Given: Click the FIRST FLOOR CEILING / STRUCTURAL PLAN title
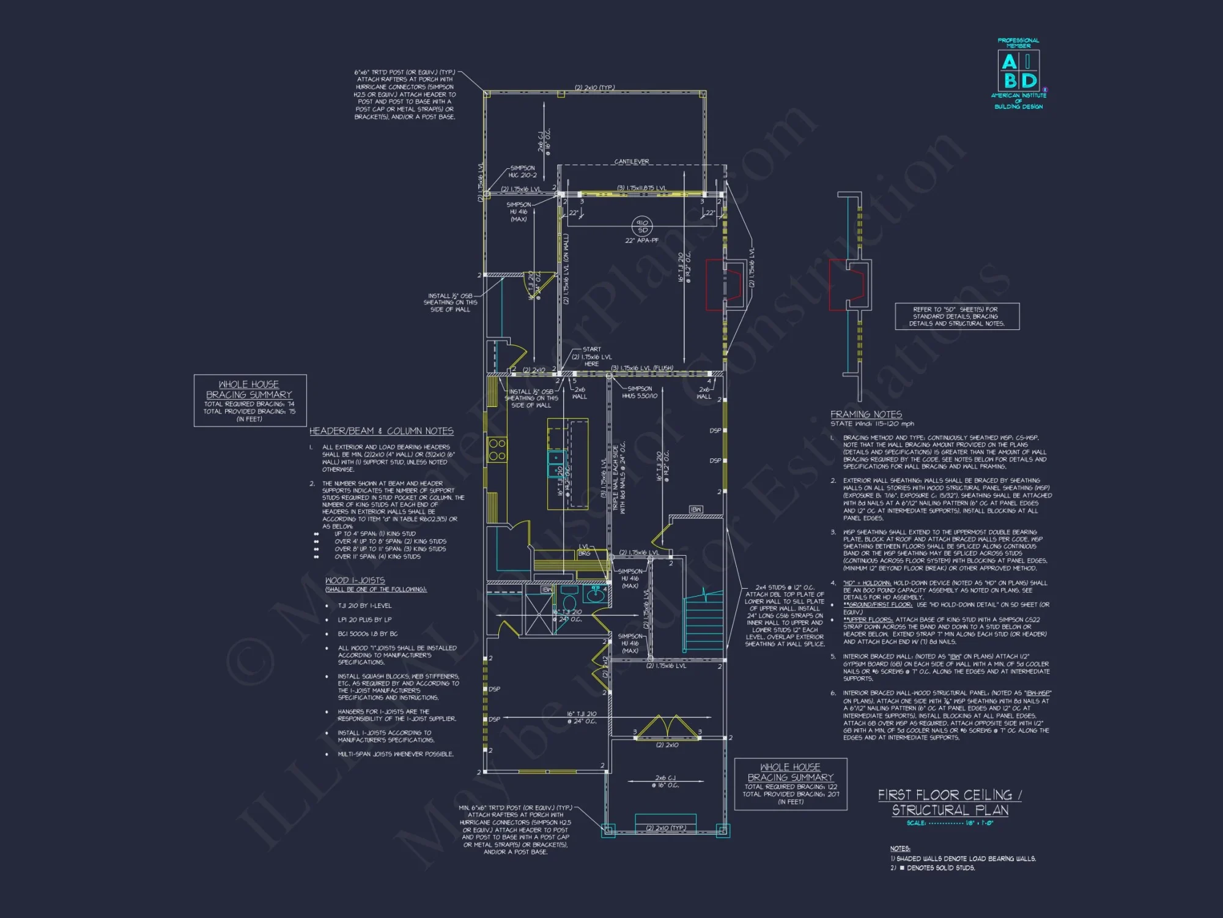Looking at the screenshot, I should tap(949, 802).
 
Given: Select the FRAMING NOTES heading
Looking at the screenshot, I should tap(866, 414).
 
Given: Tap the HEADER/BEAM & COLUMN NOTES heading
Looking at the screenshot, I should tap(381, 431).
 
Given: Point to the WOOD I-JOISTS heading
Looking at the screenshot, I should tap(355, 580).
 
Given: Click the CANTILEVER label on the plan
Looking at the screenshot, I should tap(632, 162).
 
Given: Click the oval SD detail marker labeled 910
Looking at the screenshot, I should tap(642, 226).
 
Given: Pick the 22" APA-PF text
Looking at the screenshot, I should tap(641, 241).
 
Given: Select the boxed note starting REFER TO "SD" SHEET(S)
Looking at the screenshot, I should tap(957, 316).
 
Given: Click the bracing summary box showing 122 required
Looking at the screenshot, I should tap(790, 784).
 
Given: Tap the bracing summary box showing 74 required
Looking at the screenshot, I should tap(249, 400).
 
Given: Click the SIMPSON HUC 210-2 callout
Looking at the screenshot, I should tap(522, 171).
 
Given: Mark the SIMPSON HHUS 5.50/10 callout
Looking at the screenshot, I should tap(640, 392).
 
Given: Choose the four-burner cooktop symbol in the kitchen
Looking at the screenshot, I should tap(497, 450).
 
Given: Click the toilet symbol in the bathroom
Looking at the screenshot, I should tap(569, 602).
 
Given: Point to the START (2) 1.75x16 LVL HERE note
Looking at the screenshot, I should tap(591, 357).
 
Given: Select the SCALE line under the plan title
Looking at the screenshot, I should tap(950, 823).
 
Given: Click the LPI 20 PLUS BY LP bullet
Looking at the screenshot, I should tap(364, 619).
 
